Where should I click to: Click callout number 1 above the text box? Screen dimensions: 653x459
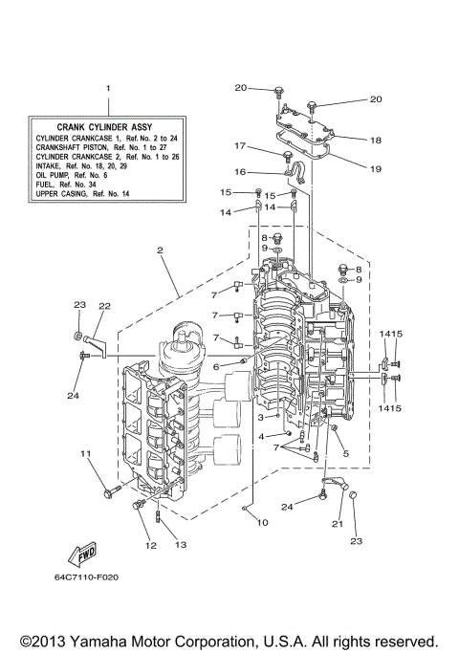[108, 88]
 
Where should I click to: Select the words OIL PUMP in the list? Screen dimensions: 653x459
[54, 175]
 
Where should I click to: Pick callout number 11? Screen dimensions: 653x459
[84, 453]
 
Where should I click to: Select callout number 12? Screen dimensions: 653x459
[150, 546]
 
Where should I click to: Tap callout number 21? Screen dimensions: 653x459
[338, 523]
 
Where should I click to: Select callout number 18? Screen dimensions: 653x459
[375, 139]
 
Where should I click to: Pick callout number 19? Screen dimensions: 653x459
[375, 167]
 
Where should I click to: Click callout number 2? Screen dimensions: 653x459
[161, 250]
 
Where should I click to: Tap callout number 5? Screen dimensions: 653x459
[346, 453]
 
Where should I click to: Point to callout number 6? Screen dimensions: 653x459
[217, 366]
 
